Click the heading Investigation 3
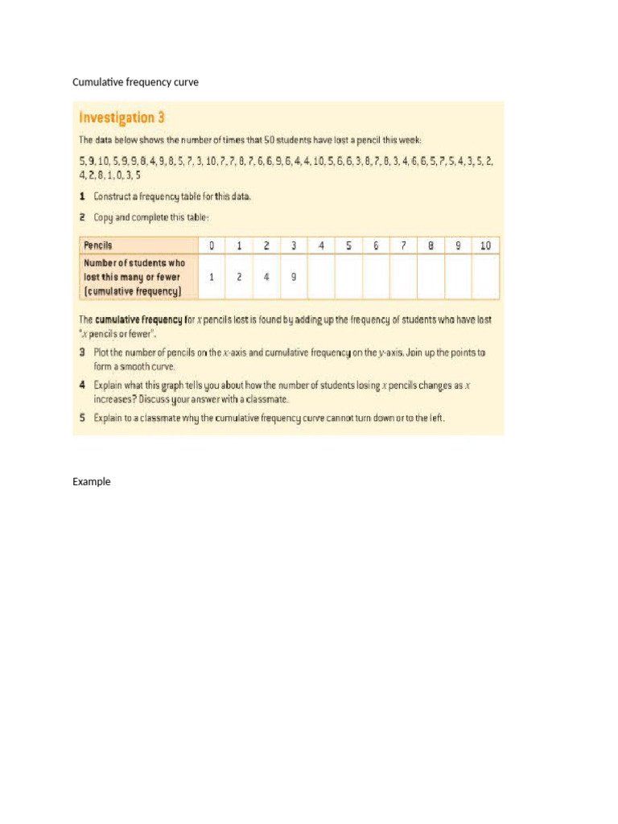coord(122,117)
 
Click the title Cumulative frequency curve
coord(135,82)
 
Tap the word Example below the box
coord(92,481)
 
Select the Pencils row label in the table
coord(98,245)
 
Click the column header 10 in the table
coord(484,245)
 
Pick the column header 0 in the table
coord(212,245)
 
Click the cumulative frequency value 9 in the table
coord(294,276)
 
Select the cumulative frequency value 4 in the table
coord(266,276)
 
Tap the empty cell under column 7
coord(403,276)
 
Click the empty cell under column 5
coord(348,276)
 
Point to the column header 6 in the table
coord(376,245)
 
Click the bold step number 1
coord(82,196)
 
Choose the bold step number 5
coord(82,418)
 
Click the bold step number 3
coord(82,352)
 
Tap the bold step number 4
coord(82,385)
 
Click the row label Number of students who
coord(134,263)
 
